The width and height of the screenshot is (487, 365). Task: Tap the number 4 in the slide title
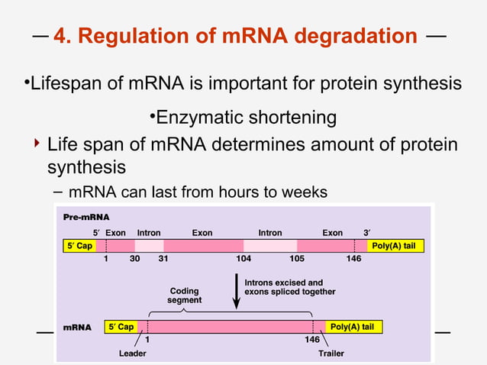[61, 35]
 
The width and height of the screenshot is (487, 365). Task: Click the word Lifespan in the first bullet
[61, 82]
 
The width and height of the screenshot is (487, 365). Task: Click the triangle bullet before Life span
[36, 144]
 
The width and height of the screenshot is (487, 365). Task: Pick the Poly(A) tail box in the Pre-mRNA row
[396, 246]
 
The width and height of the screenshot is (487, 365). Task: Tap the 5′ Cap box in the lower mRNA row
[121, 327]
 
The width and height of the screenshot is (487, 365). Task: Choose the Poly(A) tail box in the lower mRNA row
[354, 327]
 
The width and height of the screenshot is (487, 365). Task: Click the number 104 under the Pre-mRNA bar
[243, 260]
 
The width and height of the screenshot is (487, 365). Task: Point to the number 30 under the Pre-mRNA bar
[134, 260]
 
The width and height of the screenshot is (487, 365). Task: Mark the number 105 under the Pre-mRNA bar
[297, 260]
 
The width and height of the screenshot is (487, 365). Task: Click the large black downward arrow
[236, 294]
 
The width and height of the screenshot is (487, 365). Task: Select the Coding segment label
[184, 296]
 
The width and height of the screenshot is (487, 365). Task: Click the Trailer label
[331, 354]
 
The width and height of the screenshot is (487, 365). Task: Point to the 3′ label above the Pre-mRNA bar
[367, 233]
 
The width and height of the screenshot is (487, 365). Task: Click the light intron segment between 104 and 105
[270, 246]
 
